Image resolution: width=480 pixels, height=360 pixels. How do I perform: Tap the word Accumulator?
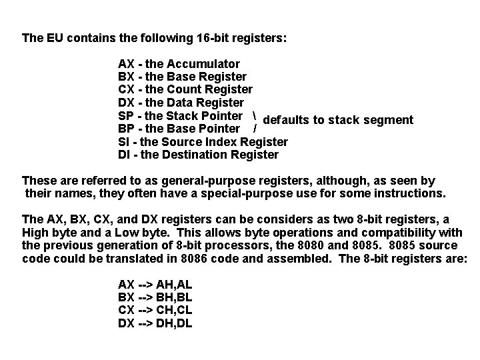point(204,64)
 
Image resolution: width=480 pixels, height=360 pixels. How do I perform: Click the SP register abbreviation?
point(125,115)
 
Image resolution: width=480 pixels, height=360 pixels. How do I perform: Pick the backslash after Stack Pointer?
point(257,115)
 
